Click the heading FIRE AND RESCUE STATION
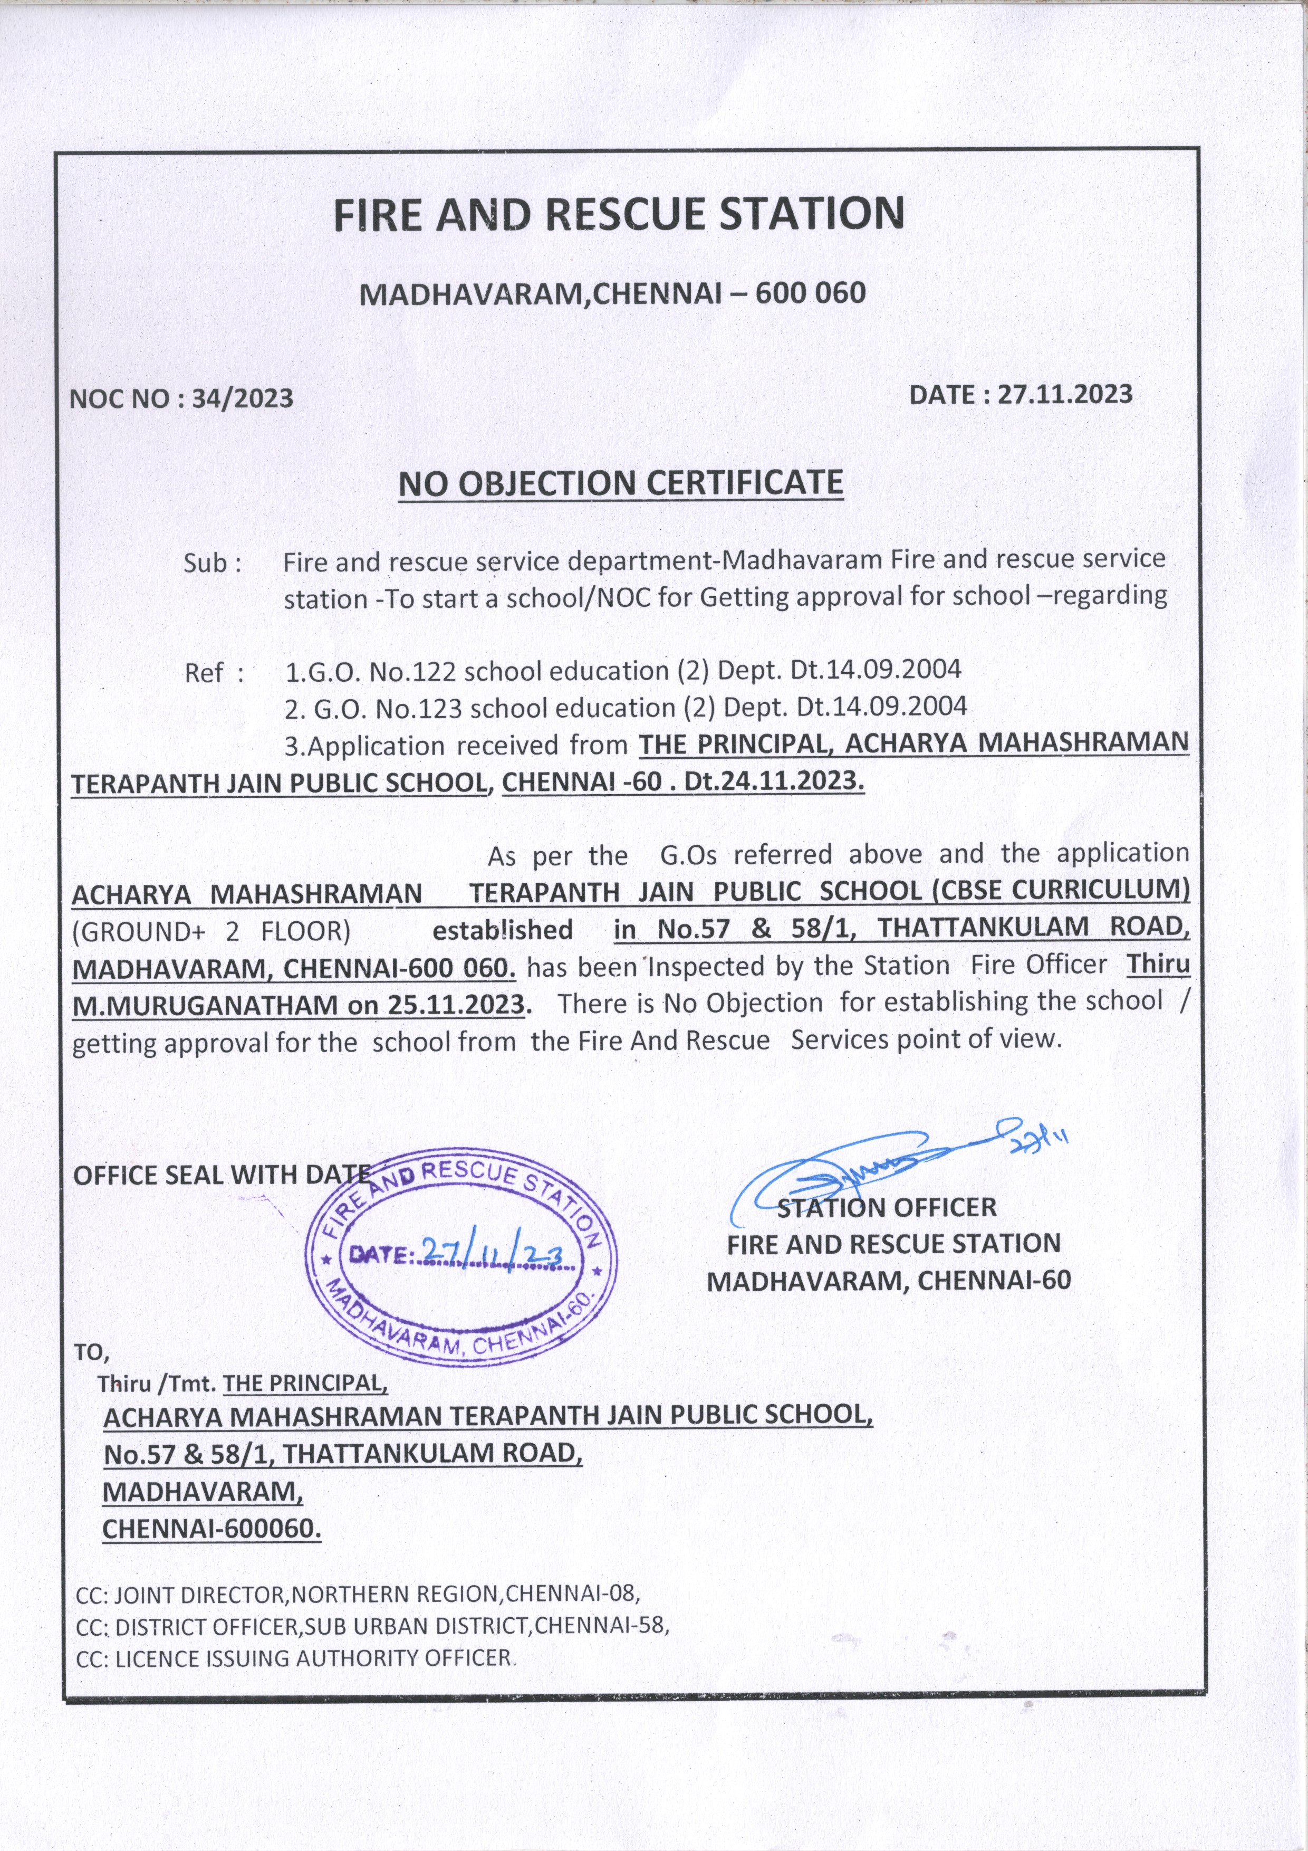click(x=619, y=214)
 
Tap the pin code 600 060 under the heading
click(x=810, y=293)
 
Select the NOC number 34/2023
click(x=242, y=399)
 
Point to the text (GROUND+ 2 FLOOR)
click(x=211, y=931)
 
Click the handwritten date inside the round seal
click(x=499, y=1252)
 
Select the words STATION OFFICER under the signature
click(x=887, y=1207)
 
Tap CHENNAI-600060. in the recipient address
click(x=211, y=1529)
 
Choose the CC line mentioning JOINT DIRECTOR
click(x=357, y=1594)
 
